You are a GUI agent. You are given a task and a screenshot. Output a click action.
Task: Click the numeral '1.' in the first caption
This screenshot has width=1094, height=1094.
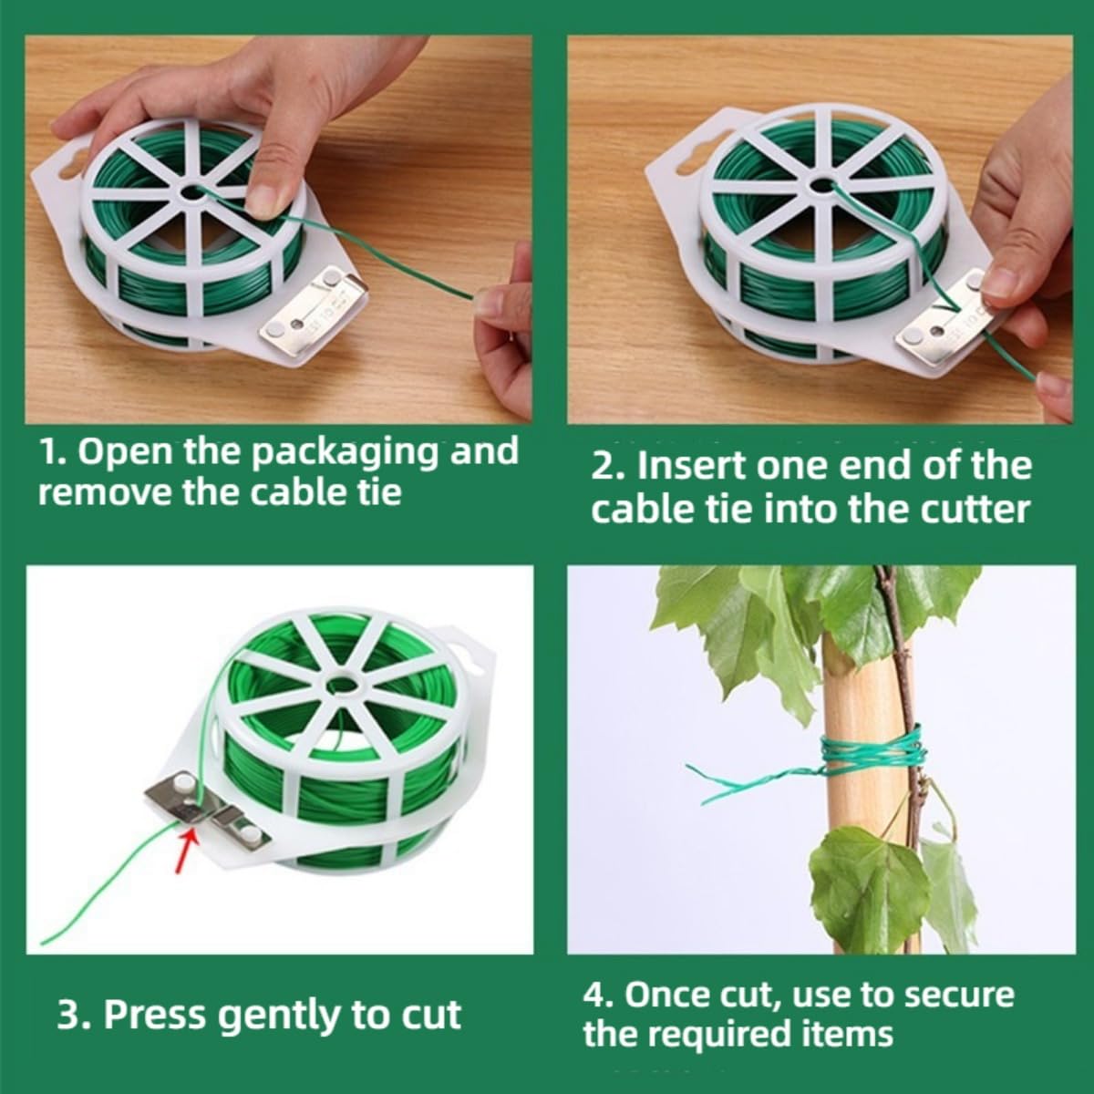55,451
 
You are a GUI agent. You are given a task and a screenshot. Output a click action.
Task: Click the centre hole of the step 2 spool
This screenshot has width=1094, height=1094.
822,186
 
